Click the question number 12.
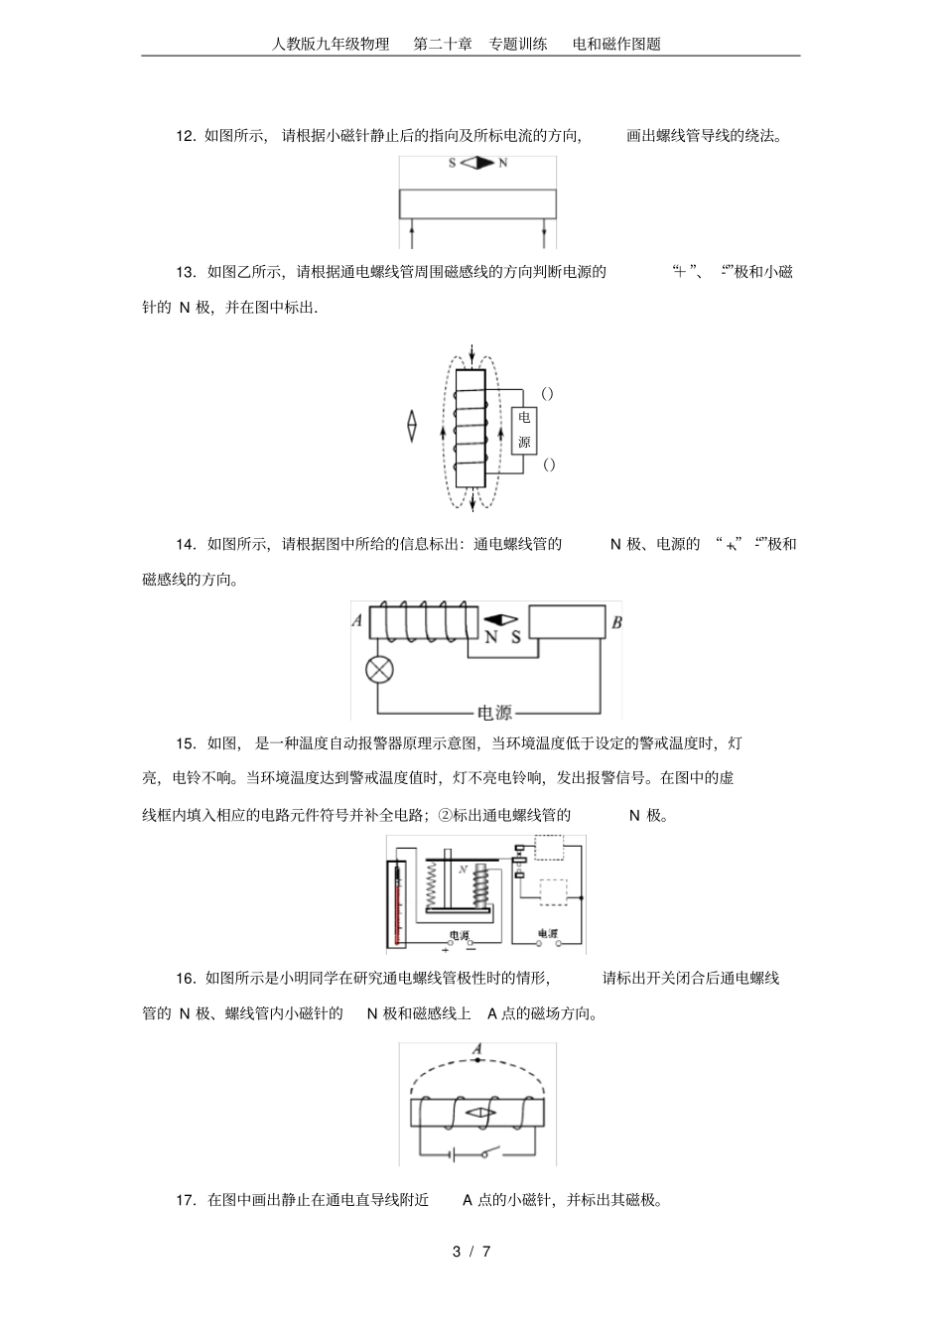[186, 137]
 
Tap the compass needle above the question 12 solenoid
[477, 163]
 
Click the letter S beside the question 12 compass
[453, 163]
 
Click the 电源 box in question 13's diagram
[524, 430]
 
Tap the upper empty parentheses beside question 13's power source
[548, 393]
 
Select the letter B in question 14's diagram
[616, 623]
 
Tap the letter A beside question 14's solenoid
[357, 622]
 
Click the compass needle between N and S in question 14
[501, 620]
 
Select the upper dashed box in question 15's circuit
[548, 850]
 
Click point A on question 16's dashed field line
[478, 1060]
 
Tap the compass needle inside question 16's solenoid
[478, 1113]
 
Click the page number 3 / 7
[471, 1251]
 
